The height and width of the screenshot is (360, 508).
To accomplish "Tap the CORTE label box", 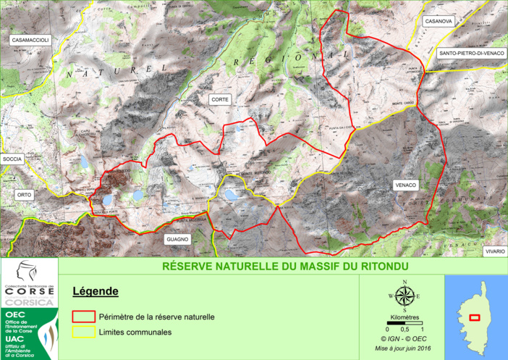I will click(219, 99).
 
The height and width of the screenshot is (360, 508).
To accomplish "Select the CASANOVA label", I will click(439, 22).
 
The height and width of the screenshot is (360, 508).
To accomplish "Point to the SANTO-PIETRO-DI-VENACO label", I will click(471, 53).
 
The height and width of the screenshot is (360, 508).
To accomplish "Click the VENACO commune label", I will click(406, 185).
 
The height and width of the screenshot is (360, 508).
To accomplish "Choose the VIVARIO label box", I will click(496, 251).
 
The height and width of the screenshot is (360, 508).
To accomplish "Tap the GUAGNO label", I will click(177, 238).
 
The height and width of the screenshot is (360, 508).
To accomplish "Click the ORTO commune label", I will click(25, 195).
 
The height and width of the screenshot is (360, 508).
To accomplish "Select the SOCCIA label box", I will click(12, 158).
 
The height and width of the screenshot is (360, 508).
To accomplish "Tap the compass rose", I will click(405, 296).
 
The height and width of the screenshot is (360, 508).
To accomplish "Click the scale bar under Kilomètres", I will click(405, 324).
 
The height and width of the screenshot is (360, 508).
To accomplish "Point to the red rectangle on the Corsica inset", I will click(475, 317).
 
